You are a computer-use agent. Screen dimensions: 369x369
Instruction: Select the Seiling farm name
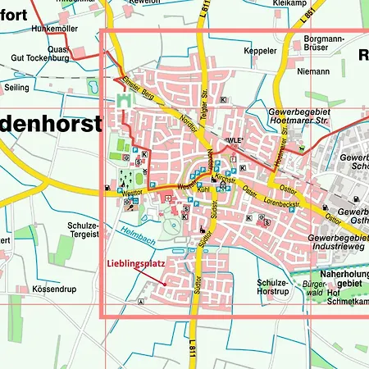(16, 87)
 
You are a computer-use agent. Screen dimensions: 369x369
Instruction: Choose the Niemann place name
(313, 71)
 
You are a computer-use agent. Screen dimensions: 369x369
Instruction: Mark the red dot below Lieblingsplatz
(165, 285)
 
